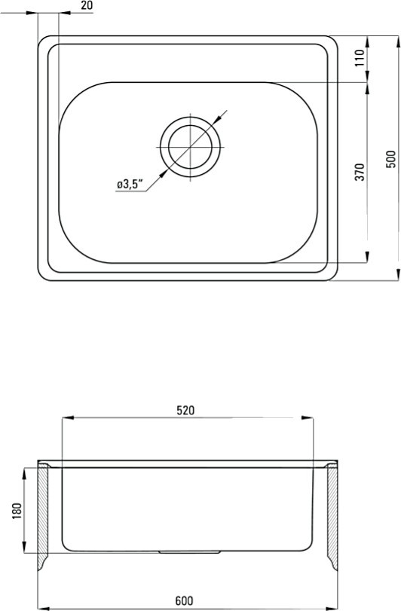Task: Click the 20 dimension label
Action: click(x=87, y=5)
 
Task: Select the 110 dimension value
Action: click(x=360, y=58)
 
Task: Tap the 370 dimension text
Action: click(x=360, y=172)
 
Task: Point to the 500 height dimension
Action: click(x=390, y=159)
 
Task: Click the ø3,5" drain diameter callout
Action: click(x=130, y=184)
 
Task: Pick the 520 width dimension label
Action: click(x=185, y=411)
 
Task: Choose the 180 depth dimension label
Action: click(x=17, y=511)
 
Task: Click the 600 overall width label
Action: click(x=184, y=600)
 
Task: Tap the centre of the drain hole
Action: click(x=190, y=147)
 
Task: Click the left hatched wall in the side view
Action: click(x=42, y=516)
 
